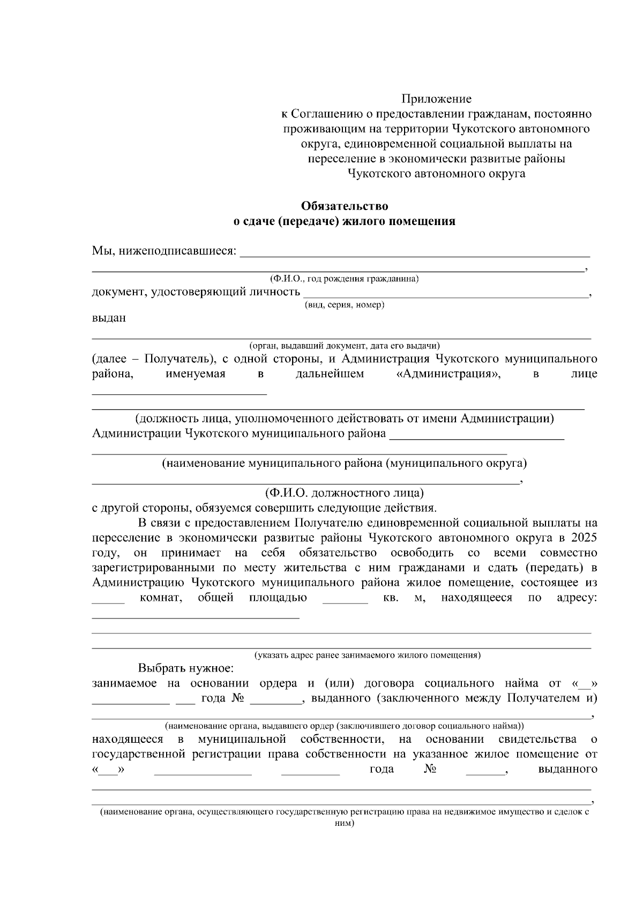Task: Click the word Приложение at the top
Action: tap(437, 99)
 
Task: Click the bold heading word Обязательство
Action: tap(345, 206)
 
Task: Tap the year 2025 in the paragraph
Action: tap(584, 538)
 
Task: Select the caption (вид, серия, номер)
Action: tap(345, 305)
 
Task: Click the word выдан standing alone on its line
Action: tap(109, 318)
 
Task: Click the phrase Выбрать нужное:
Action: tap(186, 668)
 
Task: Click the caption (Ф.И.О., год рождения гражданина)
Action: tap(345, 279)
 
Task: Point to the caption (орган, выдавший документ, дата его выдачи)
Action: tap(345, 346)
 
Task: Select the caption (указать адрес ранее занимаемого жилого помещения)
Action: tap(367, 655)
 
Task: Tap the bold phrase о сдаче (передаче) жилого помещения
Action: tap(345, 221)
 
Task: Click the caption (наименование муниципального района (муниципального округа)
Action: tap(345, 463)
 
